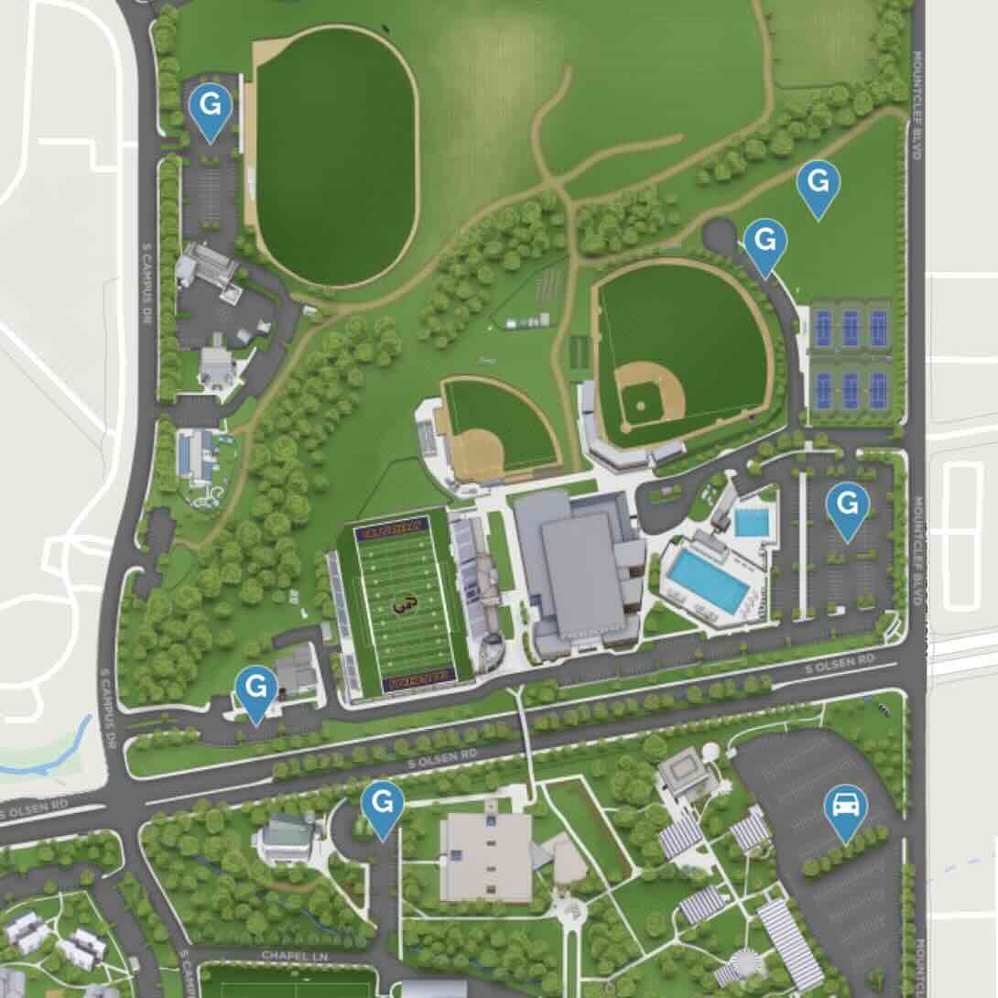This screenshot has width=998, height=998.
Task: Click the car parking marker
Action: (x=845, y=808)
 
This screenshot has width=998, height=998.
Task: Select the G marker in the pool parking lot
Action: (x=847, y=504)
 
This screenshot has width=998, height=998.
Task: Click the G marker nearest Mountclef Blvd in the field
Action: (x=818, y=183)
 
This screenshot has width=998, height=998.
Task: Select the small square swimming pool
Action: (x=752, y=523)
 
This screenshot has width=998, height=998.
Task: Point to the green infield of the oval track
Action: (x=336, y=156)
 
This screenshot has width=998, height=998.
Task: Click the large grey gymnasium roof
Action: (x=576, y=567)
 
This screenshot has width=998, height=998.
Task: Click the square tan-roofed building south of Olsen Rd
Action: (x=485, y=857)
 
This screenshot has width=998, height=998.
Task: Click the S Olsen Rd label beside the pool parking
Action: (x=840, y=658)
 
